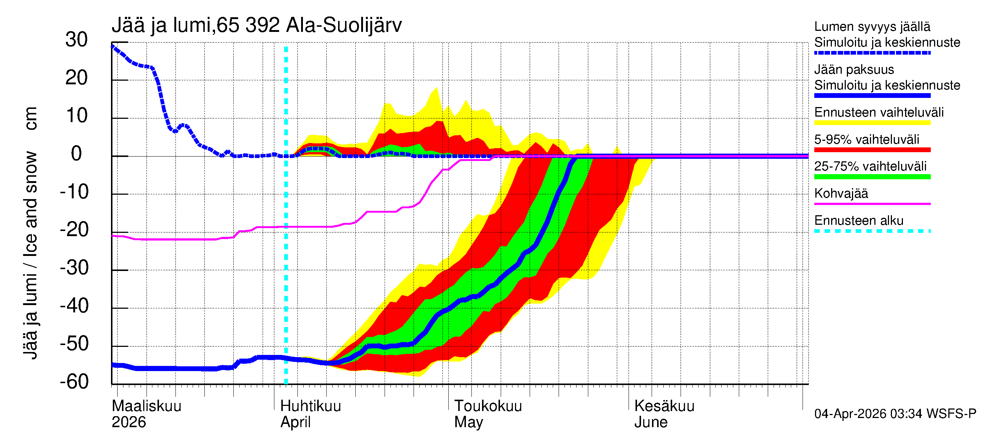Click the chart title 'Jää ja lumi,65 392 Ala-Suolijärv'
[x=256, y=25]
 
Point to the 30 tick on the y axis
[x=77, y=40]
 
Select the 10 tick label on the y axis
[x=77, y=116]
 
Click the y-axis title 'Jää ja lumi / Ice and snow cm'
[x=30, y=232]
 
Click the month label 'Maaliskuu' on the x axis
[x=146, y=406]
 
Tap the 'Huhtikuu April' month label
[x=310, y=414]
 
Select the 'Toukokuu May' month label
[x=488, y=414]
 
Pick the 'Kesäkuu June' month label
[x=664, y=414]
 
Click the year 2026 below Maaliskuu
[x=129, y=422]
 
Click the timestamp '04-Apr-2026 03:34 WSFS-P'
[x=894, y=414]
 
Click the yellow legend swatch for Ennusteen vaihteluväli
[x=872, y=123]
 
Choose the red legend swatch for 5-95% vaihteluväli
[x=872, y=150]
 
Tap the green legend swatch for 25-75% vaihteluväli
[x=872, y=177]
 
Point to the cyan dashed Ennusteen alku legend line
[x=872, y=231]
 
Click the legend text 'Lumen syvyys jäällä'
[x=872, y=27]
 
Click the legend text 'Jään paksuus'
[x=854, y=70]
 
